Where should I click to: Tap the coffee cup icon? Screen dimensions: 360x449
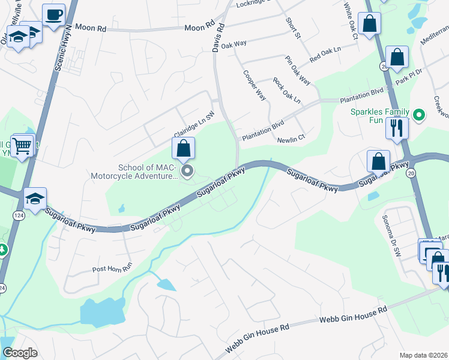click(54, 14)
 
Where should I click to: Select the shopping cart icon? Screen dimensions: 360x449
click(22, 145)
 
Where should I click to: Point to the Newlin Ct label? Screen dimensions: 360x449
click(292, 140)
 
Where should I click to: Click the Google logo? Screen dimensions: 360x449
click(20, 353)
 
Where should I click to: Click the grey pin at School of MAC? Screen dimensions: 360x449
click(187, 172)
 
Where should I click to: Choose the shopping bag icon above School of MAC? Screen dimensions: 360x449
click(183, 148)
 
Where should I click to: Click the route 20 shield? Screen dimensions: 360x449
click(411, 173)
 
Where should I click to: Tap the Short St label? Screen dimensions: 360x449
click(293, 28)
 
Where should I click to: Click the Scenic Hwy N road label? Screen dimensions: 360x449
click(62, 49)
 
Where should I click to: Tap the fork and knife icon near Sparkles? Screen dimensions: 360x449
click(397, 128)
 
